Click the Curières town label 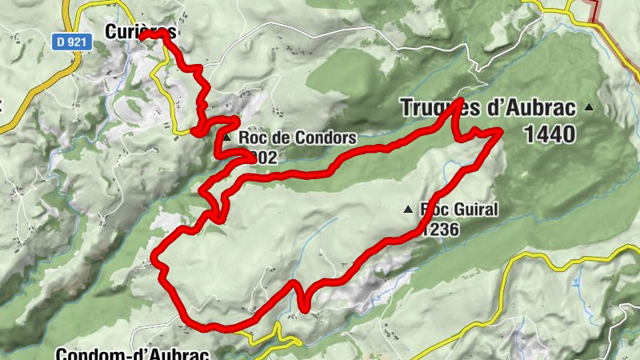click(x=140, y=31)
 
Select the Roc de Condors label click(x=297, y=138)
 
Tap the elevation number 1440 click(x=550, y=134)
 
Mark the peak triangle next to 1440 click(x=590, y=107)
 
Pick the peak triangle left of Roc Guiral click(x=408, y=210)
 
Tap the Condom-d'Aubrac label click(x=133, y=353)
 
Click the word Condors click(x=324, y=138)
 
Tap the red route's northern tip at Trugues click(x=462, y=101)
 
